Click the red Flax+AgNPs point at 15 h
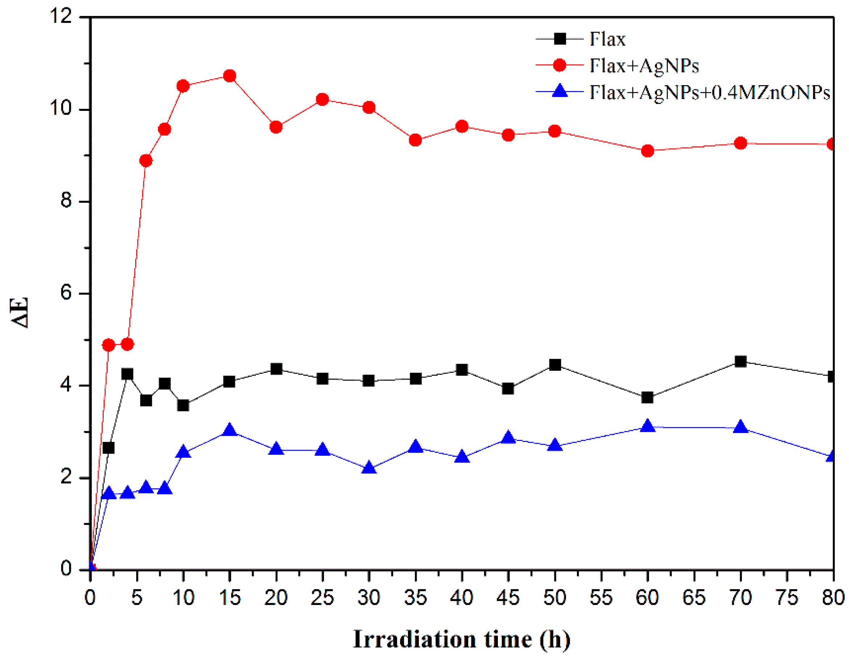(230, 76)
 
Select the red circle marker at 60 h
(648, 151)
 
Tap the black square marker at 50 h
(555, 365)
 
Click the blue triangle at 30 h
(369, 468)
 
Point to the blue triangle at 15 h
(230, 430)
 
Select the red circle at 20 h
(276, 127)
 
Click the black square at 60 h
(648, 397)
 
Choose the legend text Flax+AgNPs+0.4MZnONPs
(710, 92)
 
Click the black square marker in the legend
(560, 39)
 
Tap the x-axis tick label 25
(322, 597)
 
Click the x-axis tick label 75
(787, 597)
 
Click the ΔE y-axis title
(20, 313)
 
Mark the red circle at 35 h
(416, 140)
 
